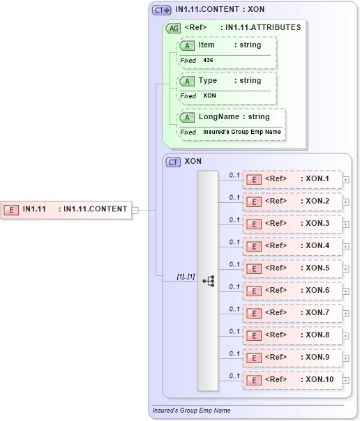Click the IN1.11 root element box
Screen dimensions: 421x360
(67, 209)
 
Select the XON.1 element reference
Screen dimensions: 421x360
(292, 179)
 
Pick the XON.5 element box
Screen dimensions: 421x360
(292, 268)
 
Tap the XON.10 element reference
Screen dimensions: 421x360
(292, 380)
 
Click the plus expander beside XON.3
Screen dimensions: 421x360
(346, 224)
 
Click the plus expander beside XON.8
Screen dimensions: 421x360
(346, 335)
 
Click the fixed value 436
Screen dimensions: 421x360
(209, 61)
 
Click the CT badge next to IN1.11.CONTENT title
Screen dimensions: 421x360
(162, 10)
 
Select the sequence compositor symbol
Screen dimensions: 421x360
(208, 281)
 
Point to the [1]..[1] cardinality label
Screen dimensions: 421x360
(186, 277)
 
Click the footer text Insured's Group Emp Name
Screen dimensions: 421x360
(191, 411)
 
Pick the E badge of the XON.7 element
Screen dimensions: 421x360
(255, 313)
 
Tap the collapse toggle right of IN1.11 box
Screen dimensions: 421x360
(135, 209)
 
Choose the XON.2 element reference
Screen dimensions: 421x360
(292, 201)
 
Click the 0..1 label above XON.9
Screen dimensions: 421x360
(235, 353)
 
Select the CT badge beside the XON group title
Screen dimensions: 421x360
(173, 162)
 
